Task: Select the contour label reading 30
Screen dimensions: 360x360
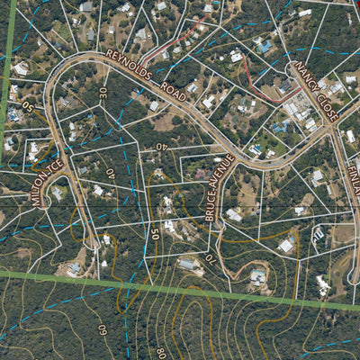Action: click(x=103, y=93)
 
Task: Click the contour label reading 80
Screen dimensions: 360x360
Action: click(x=160, y=352)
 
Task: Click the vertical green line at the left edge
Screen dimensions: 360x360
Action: click(x=8, y=72)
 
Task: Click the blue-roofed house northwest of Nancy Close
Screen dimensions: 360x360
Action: click(x=265, y=45)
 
